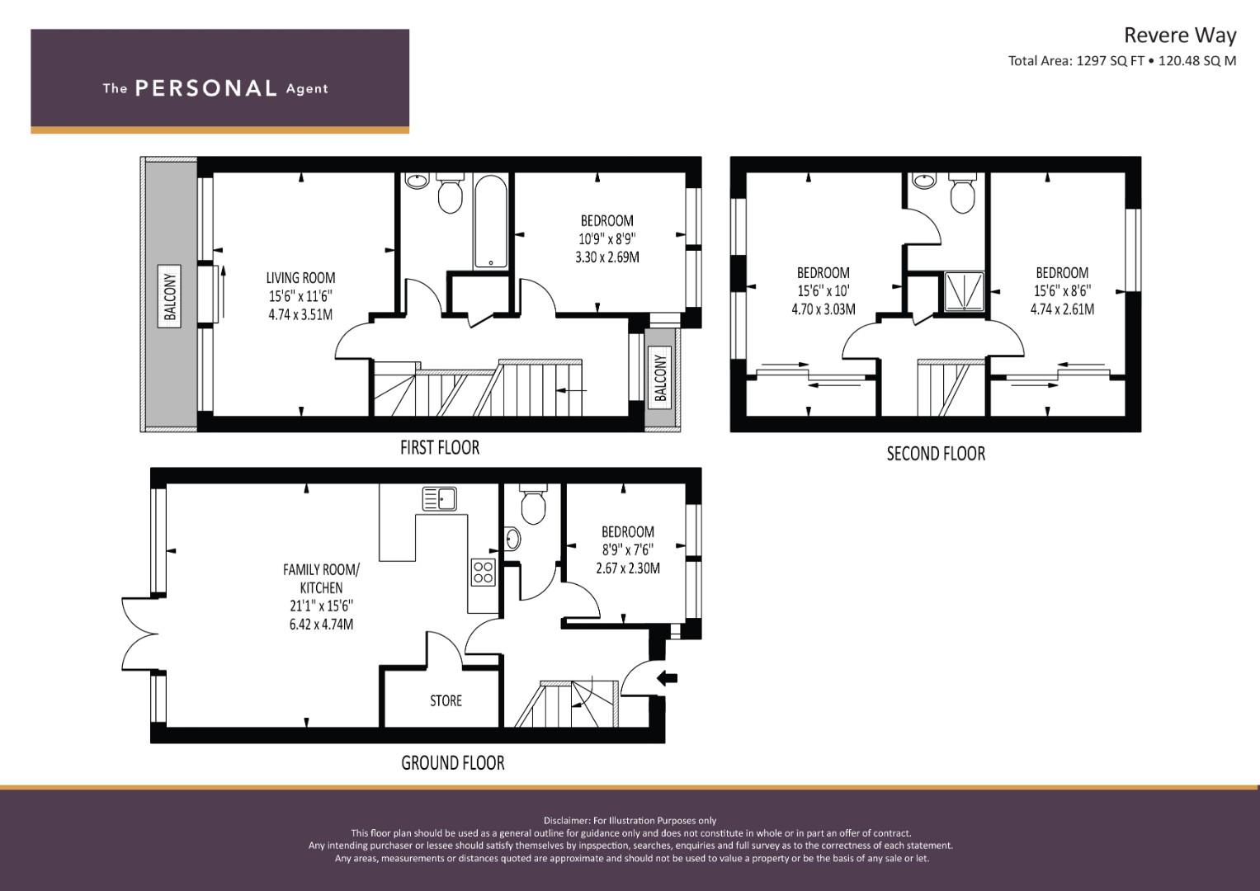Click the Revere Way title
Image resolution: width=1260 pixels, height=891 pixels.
point(1180,35)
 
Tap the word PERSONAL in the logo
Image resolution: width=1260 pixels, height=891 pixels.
point(206,88)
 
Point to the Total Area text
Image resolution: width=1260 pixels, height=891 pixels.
point(1121,61)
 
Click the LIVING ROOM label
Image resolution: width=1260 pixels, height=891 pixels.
point(300,278)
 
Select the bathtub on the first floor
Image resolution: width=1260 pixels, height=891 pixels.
point(490,221)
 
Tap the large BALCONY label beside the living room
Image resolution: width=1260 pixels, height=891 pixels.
point(169,296)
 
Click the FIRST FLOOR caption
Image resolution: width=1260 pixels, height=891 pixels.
point(440,448)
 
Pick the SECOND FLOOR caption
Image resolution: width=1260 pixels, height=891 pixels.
point(936,454)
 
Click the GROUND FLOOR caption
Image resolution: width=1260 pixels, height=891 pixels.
point(453,763)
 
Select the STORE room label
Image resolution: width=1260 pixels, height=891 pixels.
point(446,701)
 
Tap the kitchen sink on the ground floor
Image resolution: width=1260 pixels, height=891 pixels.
point(439,499)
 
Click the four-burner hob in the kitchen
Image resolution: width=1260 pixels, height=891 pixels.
point(484,572)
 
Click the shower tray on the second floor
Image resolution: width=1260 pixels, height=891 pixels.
point(964,291)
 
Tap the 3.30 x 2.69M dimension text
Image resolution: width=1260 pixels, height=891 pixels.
point(607,257)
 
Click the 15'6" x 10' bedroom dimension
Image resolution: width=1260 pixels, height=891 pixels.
point(823,291)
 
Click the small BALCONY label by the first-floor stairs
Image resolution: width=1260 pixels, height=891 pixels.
point(660,378)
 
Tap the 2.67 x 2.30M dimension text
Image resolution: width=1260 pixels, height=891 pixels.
point(628,568)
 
